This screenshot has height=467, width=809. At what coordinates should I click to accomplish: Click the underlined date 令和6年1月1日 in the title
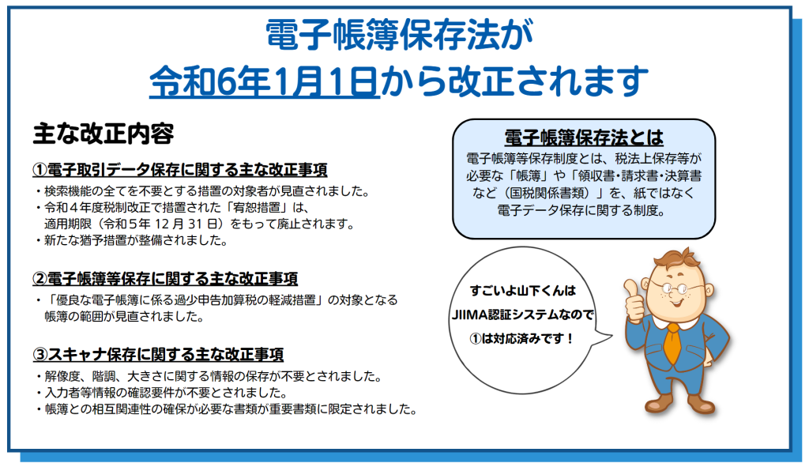[264, 81]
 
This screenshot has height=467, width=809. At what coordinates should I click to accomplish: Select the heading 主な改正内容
[103, 134]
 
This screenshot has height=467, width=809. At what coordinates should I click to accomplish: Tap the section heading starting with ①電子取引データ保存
[180, 170]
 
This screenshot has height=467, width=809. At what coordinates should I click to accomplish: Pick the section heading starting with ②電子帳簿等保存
[165, 279]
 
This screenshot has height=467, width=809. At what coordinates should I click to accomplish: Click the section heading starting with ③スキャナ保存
[158, 355]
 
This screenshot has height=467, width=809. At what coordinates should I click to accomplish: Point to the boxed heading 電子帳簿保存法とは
[584, 137]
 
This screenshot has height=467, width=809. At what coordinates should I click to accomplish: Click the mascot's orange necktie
[673, 343]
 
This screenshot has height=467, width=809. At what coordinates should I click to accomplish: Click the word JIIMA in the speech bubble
[466, 314]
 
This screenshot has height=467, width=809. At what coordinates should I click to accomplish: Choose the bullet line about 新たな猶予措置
[132, 241]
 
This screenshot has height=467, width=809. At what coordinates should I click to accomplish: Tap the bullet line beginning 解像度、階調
[209, 377]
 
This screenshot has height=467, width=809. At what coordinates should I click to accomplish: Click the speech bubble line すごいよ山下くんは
[522, 291]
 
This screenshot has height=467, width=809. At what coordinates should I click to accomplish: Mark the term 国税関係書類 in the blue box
[548, 193]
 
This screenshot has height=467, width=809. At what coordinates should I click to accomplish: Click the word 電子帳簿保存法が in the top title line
[399, 35]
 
